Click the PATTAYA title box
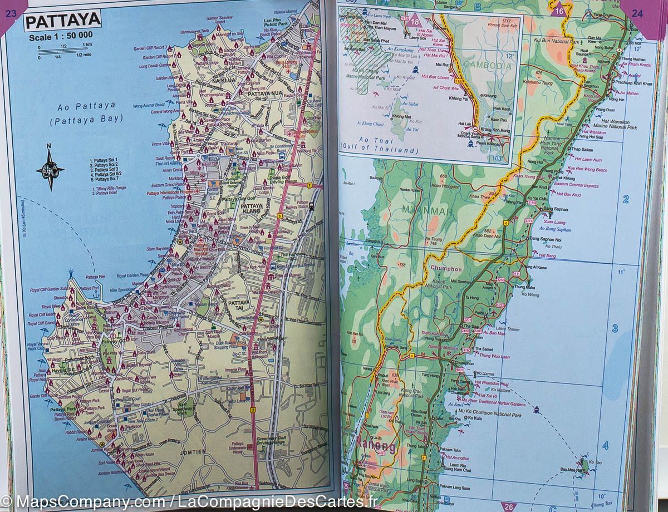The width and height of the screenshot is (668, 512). coord(62,22)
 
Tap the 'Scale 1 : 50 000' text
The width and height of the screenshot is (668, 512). coord(62,37)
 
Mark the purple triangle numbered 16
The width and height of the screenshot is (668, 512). coord(559,9)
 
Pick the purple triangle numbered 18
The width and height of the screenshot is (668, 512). coord(415,23)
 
